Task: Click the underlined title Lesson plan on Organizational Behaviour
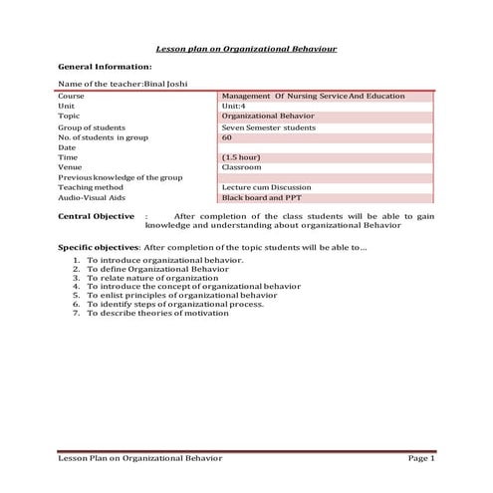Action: click(x=245, y=48)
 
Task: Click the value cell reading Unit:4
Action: click(x=235, y=106)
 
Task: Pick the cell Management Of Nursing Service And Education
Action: click(x=313, y=96)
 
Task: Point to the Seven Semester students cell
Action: click(x=263, y=127)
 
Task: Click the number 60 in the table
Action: click(x=227, y=137)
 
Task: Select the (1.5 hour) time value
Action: click(x=242, y=157)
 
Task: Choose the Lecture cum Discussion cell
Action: click(x=266, y=187)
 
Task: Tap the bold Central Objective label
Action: click(x=96, y=216)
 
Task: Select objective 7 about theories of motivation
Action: click(x=157, y=313)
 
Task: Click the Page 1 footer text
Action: click(x=421, y=457)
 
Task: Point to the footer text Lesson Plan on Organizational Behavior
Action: click(x=139, y=457)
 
